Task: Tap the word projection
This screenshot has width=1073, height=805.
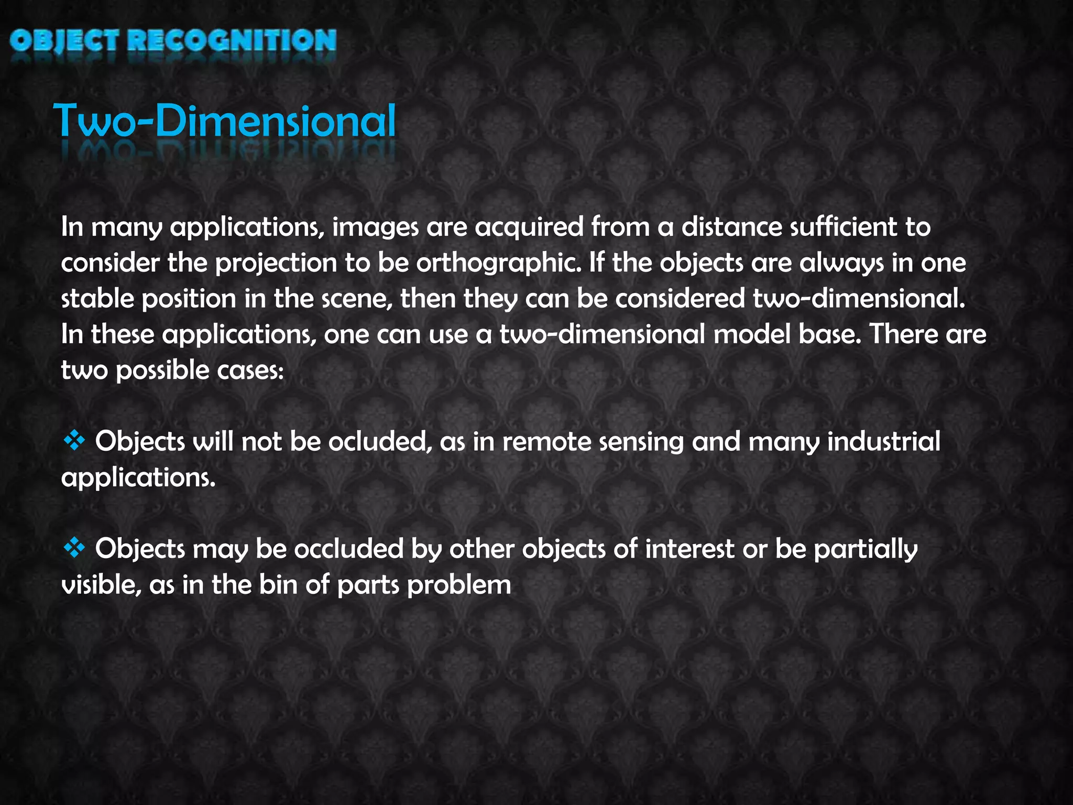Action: [276, 264]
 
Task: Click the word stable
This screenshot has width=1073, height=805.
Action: [97, 299]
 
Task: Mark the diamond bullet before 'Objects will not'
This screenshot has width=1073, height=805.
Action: [74, 441]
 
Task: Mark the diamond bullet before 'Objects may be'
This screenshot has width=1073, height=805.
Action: [74, 548]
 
